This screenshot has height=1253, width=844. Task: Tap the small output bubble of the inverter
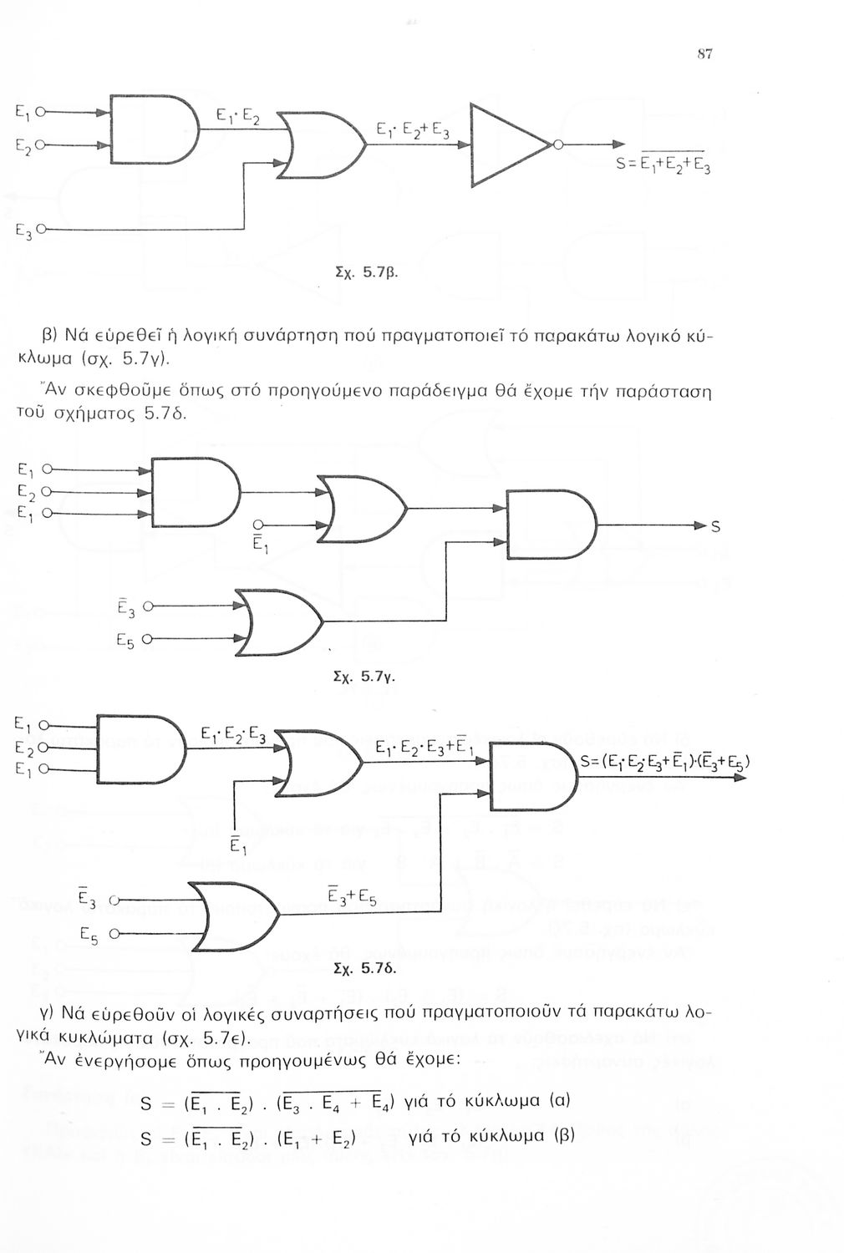pyautogui.click(x=559, y=145)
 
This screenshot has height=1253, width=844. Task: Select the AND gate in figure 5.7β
pyautogui.click(x=150, y=129)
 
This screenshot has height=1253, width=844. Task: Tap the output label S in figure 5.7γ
pyautogui.click(x=714, y=526)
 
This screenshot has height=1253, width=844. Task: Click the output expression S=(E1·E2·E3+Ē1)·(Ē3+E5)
pyautogui.click(x=664, y=760)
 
